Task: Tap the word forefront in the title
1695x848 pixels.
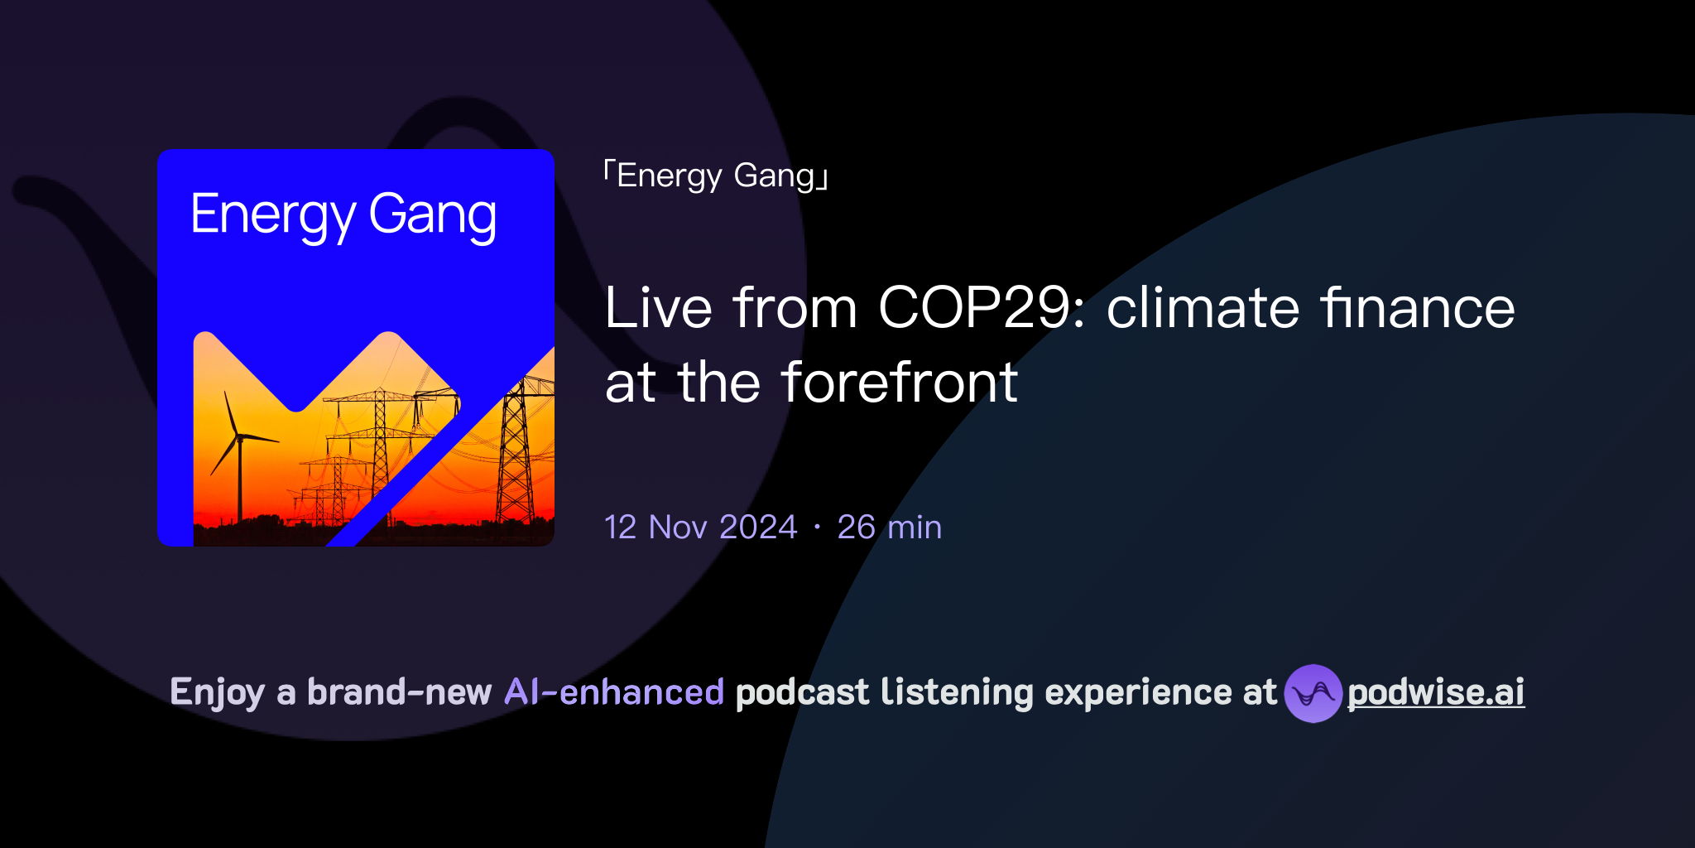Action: point(899,383)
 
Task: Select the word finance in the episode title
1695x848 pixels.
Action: point(1417,308)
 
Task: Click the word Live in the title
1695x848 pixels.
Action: point(658,308)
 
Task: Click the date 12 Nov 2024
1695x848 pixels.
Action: point(700,528)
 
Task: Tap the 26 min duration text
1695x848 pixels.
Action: point(889,528)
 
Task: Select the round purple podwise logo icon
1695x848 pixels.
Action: point(1313,693)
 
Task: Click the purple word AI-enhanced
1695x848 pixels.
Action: point(614,692)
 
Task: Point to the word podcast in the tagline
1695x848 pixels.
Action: point(802,692)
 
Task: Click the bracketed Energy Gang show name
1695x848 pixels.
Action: point(716,176)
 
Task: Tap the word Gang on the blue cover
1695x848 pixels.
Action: point(432,215)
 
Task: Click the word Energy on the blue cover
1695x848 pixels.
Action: point(273,215)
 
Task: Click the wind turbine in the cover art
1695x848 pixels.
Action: point(238,447)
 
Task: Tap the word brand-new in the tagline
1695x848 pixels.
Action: point(399,692)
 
